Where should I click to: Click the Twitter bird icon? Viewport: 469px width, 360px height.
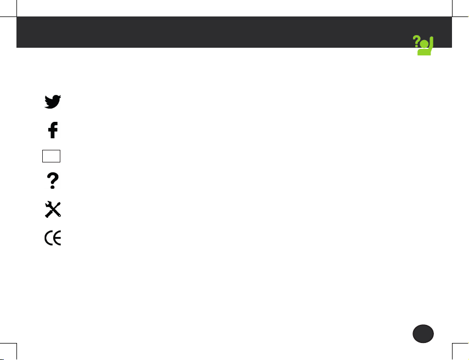click(53, 102)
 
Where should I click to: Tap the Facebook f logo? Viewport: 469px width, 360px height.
click(53, 130)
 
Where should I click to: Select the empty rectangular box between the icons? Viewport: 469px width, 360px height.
click(50, 156)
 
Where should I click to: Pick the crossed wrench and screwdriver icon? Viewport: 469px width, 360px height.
click(53, 210)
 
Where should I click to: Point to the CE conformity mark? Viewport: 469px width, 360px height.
click(53, 238)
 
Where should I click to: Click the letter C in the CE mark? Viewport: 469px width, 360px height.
click(48, 238)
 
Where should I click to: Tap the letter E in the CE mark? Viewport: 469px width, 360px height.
click(58, 238)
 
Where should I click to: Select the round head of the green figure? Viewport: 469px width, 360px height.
click(423, 44)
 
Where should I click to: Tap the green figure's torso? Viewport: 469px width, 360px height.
click(423, 52)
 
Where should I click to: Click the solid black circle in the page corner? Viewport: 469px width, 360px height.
click(423, 334)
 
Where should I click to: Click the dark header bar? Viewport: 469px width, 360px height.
click(219, 32)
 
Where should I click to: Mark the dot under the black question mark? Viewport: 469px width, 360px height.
click(53, 188)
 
